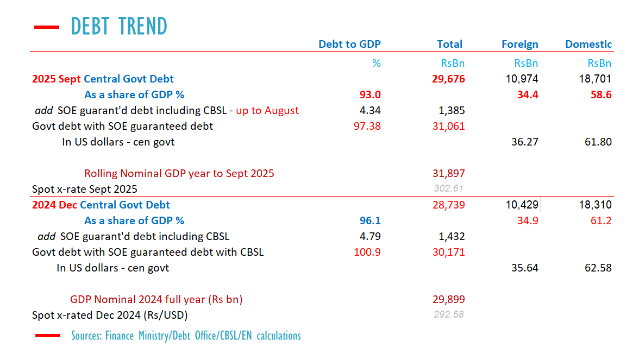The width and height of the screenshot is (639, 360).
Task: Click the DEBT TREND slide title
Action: [119, 26]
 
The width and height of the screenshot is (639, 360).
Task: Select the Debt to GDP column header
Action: [349, 45]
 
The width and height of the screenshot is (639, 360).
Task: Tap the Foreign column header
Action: [520, 45]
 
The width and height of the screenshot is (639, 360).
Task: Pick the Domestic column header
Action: [588, 45]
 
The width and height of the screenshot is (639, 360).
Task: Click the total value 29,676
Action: [448, 79]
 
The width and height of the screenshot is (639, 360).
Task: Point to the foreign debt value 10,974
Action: [522, 79]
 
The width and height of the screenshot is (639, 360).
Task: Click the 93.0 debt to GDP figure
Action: [371, 95]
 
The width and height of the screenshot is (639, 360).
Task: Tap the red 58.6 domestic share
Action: [602, 95]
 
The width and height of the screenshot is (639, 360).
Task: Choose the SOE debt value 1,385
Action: [452, 111]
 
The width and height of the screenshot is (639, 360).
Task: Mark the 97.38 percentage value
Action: [368, 127]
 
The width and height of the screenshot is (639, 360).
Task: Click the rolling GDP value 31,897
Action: [448, 174]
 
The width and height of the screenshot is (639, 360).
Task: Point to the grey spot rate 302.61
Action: [449, 189]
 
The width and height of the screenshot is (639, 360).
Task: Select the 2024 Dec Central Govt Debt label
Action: [101, 205]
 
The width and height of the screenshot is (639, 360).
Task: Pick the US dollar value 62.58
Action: [599, 268]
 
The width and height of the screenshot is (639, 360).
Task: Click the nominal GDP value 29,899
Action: [448, 300]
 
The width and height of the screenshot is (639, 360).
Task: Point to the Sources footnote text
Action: [186, 336]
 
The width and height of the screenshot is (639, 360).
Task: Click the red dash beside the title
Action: [46, 26]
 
